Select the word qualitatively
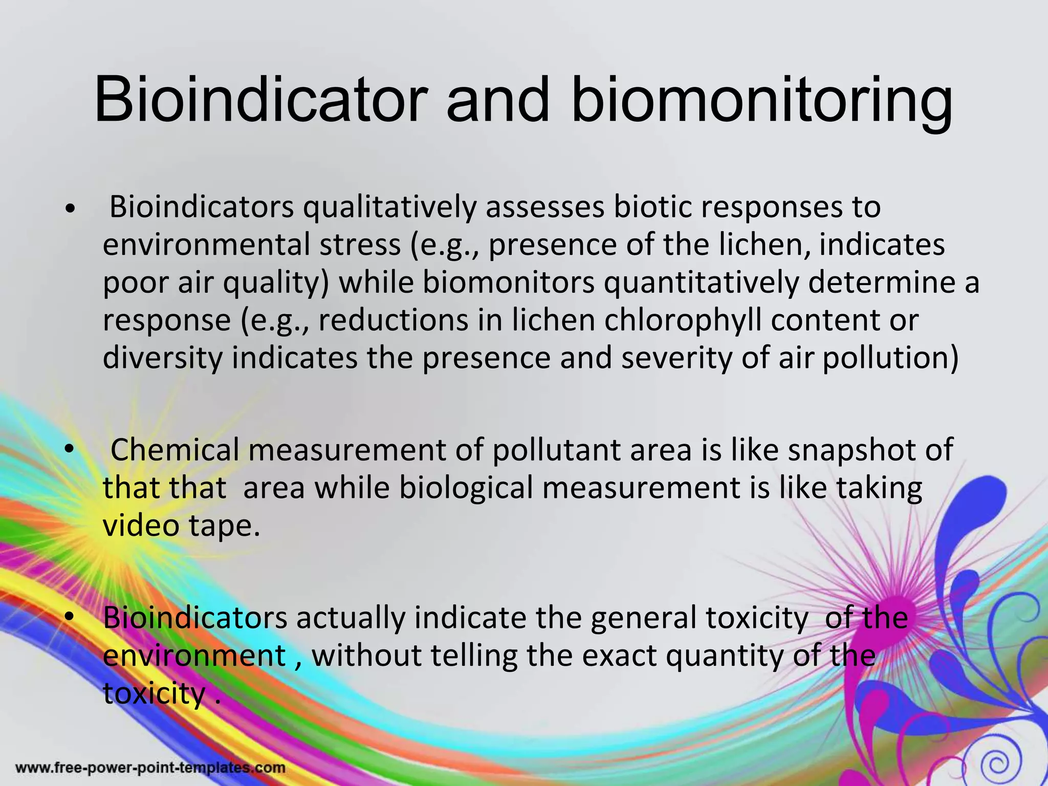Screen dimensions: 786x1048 389,207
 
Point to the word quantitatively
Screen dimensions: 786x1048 701,282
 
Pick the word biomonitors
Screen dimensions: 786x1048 509,282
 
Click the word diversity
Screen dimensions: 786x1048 162,358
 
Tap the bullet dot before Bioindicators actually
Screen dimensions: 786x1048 70,617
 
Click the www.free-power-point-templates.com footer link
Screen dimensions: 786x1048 150,768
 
